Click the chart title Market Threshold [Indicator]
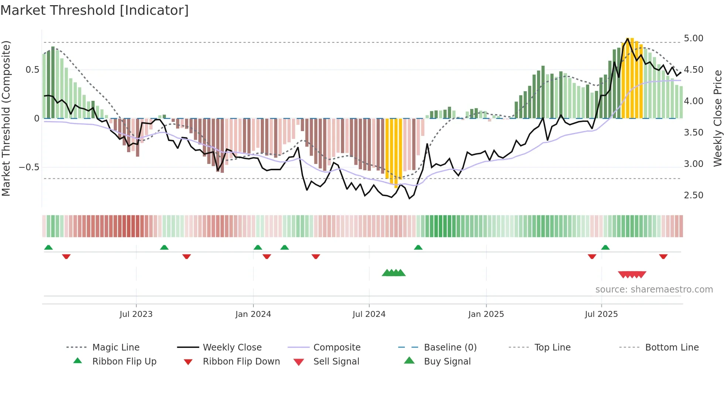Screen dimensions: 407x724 tap(95, 10)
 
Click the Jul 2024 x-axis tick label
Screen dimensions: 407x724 tap(369, 314)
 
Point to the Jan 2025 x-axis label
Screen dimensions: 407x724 tap(486, 314)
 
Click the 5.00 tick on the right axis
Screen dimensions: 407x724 tap(693, 38)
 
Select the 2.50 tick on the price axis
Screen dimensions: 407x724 tap(693, 195)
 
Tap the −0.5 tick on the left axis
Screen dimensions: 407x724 tap(29, 167)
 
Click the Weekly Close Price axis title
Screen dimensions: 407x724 tap(717, 118)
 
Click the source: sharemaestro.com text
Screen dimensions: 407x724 tap(654, 289)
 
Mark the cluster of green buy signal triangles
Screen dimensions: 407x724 tap(394, 273)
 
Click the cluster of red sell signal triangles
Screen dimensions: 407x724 tap(632, 274)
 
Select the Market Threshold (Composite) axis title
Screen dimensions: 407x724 tap(6, 118)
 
